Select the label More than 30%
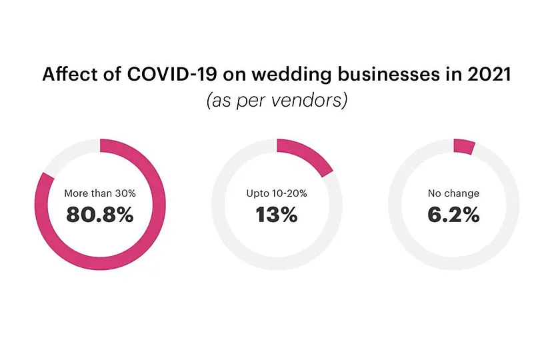pos(100,193)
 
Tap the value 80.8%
pos(100,215)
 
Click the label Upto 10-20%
pos(277,193)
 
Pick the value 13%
pos(277,215)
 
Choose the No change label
pos(453,193)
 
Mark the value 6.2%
pos(453,215)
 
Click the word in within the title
pos(449,75)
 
